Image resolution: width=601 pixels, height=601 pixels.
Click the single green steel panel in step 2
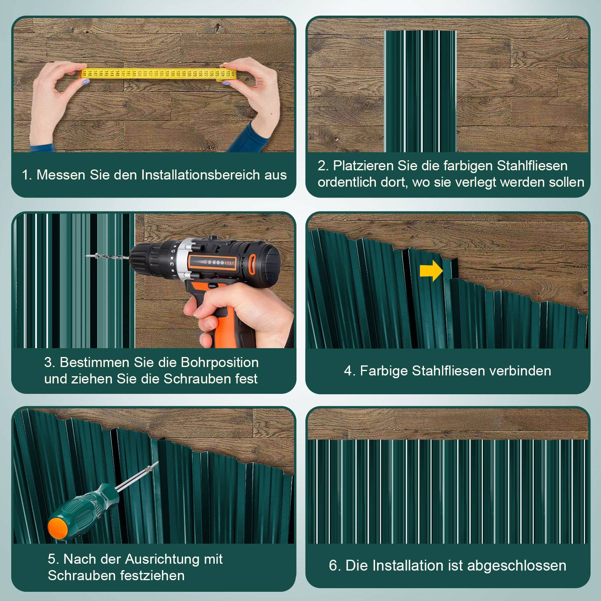click(420, 91)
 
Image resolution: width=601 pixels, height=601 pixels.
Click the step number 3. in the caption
click(50, 363)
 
